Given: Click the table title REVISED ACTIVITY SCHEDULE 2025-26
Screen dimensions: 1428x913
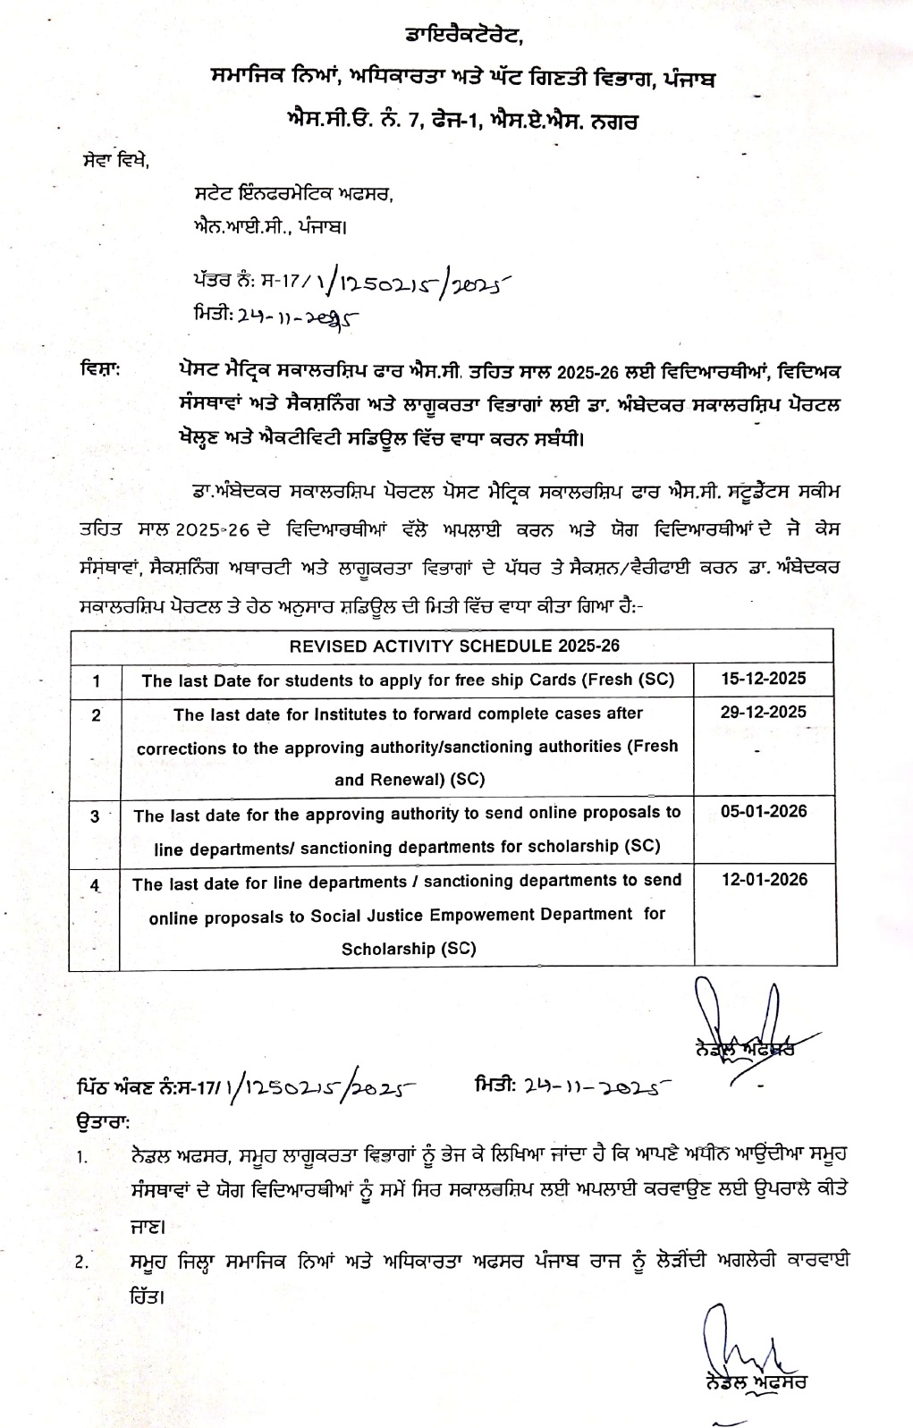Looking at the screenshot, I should pos(454,646).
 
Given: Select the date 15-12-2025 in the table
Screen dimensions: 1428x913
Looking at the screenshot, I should pos(764,678).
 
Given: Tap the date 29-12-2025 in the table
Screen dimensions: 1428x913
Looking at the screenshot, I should pos(764,712).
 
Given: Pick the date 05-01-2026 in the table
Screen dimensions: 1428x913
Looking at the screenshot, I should pos(764,811).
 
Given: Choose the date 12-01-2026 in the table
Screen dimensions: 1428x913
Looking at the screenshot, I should pos(764,879).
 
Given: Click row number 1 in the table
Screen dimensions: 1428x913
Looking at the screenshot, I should pos(96,681).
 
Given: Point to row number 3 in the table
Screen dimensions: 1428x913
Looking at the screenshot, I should pos(95,815).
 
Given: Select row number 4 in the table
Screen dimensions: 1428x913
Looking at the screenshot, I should pos(95,885).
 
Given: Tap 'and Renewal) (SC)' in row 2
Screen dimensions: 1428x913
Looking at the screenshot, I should pos(409,779).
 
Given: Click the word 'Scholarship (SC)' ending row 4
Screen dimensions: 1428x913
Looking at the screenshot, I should pos(408,948).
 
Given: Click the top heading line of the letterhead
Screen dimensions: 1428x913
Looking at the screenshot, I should pos(461,36).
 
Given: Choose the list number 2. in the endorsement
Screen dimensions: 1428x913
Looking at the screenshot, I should pos(82,1263).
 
